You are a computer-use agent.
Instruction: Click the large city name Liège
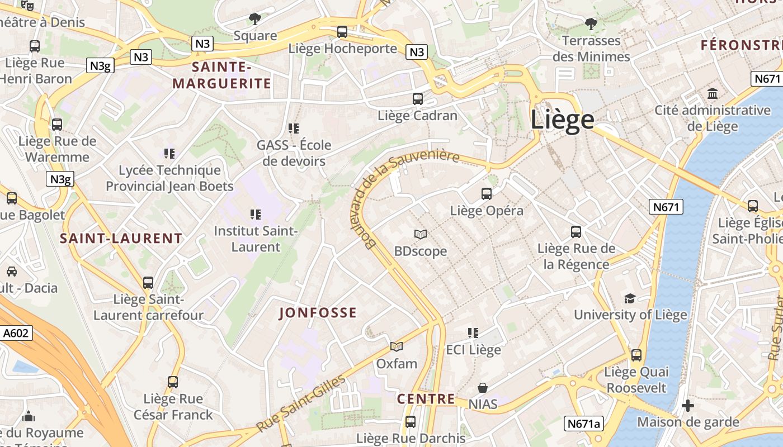pyautogui.click(x=562, y=120)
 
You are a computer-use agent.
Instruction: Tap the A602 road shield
pyautogui.click(x=15, y=333)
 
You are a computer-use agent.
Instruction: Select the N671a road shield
pyautogui.click(x=583, y=424)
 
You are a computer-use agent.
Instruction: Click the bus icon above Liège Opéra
pyautogui.click(x=487, y=194)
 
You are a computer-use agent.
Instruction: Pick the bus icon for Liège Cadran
pyautogui.click(x=417, y=99)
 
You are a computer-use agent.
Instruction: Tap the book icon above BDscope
pyautogui.click(x=420, y=234)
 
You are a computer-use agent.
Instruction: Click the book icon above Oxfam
pyautogui.click(x=397, y=347)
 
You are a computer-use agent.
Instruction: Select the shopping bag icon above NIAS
pyautogui.click(x=482, y=387)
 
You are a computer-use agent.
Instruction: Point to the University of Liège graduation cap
pyautogui.click(x=630, y=298)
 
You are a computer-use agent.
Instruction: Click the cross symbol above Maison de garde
pyautogui.click(x=688, y=405)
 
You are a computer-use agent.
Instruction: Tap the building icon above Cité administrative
pyautogui.click(x=713, y=93)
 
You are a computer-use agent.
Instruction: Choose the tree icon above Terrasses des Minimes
pyautogui.click(x=591, y=24)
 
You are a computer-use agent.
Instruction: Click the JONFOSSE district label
pyautogui.click(x=318, y=313)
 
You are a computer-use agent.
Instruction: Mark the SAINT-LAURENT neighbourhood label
pyautogui.click(x=121, y=239)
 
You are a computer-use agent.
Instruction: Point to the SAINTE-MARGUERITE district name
pyautogui.click(x=221, y=76)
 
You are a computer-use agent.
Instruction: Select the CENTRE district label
pyautogui.click(x=426, y=399)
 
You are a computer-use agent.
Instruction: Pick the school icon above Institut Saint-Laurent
pyautogui.click(x=256, y=214)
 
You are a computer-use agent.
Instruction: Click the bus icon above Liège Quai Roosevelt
pyautogui.click(x=636, y=355)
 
